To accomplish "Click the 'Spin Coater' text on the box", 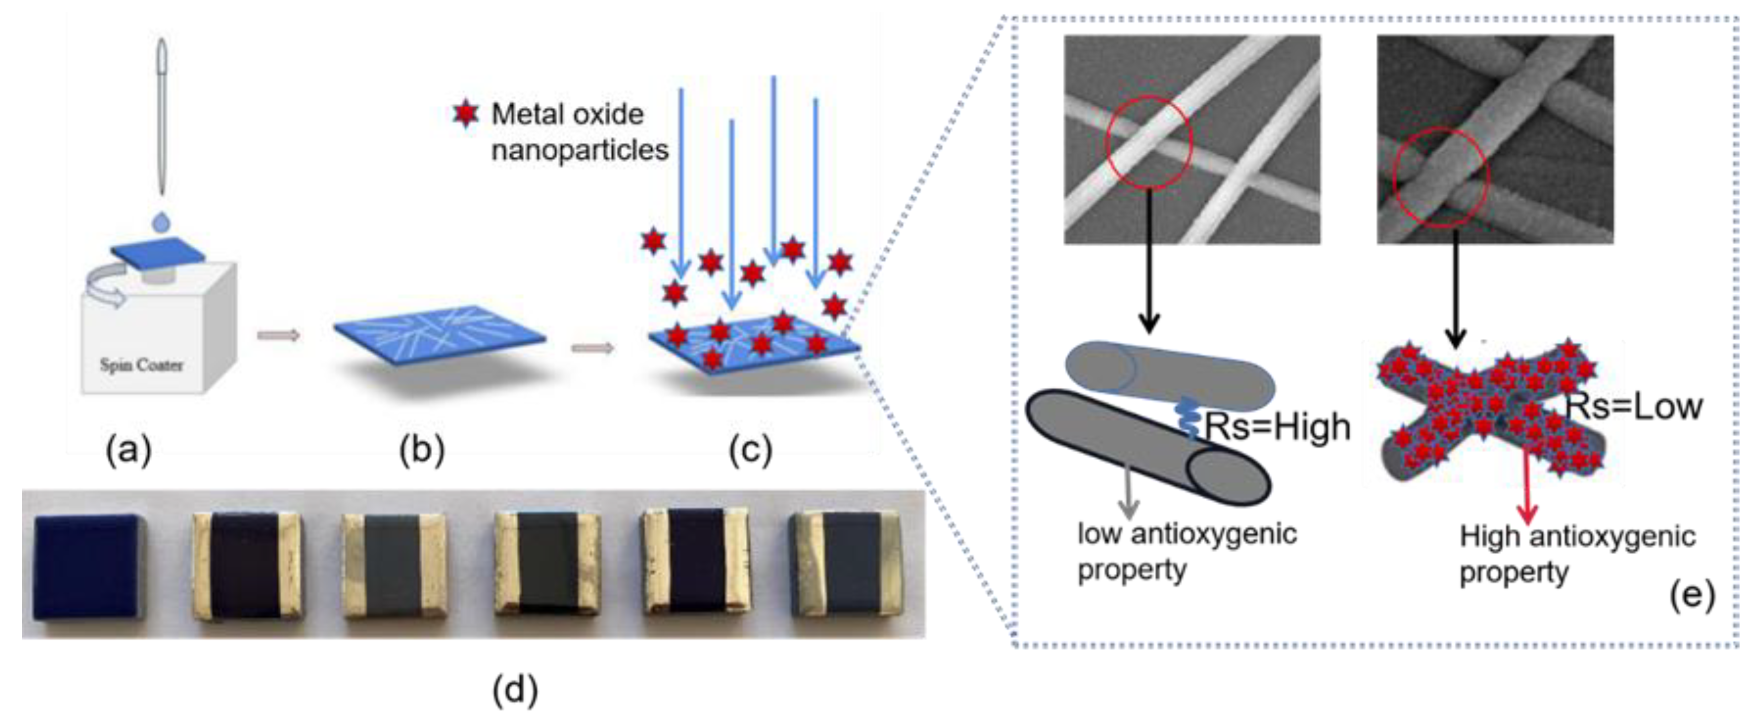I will click(142, 365).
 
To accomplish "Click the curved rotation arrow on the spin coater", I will click(106, 288).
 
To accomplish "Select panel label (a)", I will click(128, 451).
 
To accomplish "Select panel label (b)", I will click(422, 451).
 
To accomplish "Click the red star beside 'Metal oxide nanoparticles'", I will click(466, 115).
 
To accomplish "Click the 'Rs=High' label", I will click(1277, 427).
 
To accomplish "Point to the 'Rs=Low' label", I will click(1634, 406).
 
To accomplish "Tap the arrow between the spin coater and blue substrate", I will click(278, 335).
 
